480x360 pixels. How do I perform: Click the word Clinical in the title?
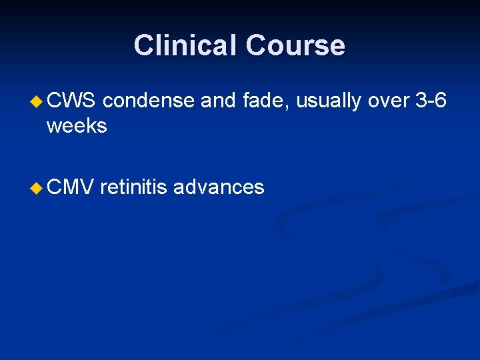tap(186, 45)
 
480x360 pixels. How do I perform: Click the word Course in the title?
tap(295, 45)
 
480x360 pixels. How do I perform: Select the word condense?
tap(149, 101)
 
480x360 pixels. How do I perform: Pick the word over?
tap(389, 101)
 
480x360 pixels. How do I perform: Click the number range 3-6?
tap(431, 101)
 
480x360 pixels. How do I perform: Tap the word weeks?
tap(76, 125)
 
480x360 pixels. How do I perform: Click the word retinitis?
tap(134, 187)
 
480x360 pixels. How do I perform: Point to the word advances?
tap(219, 187)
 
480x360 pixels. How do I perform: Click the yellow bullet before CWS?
tap(37, 102)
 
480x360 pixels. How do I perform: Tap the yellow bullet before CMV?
tap(37, 188)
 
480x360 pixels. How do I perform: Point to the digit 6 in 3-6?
tap(441, 101)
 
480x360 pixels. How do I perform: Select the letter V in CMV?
tap(89, 187)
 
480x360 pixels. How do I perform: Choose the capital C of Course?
tap(256, 45)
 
